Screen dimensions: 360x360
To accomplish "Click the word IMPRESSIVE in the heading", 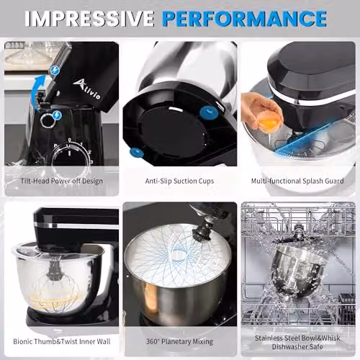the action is tap(89, 19).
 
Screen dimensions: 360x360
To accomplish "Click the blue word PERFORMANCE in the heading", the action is tap(244, 19).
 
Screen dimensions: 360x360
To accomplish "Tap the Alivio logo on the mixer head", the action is tap(86, 89).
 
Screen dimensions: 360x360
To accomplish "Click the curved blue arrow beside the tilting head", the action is tap(38, 89).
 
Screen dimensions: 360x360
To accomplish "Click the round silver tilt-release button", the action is tap(46, 120).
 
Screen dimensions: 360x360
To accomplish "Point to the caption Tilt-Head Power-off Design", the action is tap(62, 181).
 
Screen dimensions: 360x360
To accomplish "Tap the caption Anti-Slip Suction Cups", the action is tap(179, 181).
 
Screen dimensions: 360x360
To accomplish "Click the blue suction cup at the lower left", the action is tap(137, 153).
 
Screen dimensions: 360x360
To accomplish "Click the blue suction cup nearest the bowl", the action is tap(209, 112).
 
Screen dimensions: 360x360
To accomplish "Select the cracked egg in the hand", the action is tap(269, 121).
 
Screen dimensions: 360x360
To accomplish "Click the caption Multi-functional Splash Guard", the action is tap(297, 181).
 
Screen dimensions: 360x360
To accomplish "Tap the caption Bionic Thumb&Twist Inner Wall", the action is tap(62, 341).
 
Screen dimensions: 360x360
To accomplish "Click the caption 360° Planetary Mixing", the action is tap(180, 341).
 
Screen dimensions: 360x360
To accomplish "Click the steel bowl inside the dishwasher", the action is tap(297, 271).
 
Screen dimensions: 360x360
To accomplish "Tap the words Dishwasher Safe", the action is tap(297, 347).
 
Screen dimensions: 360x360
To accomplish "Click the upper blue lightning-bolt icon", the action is tap(55, 70).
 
